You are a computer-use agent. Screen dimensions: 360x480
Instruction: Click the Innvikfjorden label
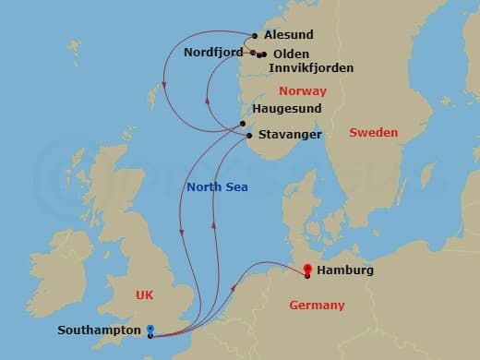coord(311,68)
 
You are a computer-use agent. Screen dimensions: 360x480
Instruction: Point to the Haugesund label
coord(286,108)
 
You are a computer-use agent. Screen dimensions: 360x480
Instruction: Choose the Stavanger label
coord(290,135)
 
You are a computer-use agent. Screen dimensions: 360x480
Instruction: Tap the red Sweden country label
coord(373,133)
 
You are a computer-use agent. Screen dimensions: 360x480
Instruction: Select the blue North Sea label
coord(217,186)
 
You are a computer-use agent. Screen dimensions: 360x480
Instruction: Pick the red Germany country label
coord(316,306)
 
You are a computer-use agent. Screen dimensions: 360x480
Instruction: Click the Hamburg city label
coord(344,270)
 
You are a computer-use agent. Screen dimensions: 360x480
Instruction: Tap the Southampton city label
coord(99,330)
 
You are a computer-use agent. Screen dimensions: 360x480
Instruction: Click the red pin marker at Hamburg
coord(307,270)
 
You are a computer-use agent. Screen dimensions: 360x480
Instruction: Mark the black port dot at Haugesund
coord(243,124)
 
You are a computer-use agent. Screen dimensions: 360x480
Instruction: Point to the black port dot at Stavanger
coord(249,138)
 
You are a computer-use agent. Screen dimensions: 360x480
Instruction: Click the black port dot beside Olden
coord(263,54)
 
